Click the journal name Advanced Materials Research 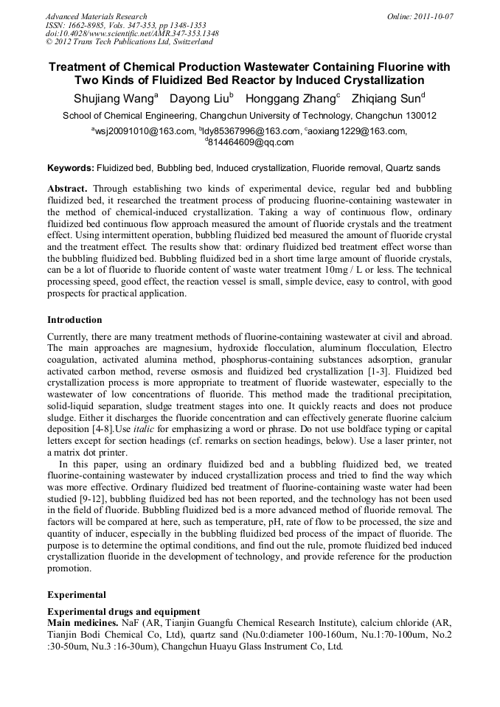[96, 16]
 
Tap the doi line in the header [132, 33]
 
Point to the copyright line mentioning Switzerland [129, 42]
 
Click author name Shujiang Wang [114, 98]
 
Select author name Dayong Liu [198, 98]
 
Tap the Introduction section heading [74, 320]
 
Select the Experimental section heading [77, 594]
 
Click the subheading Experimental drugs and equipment [123, 612]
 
